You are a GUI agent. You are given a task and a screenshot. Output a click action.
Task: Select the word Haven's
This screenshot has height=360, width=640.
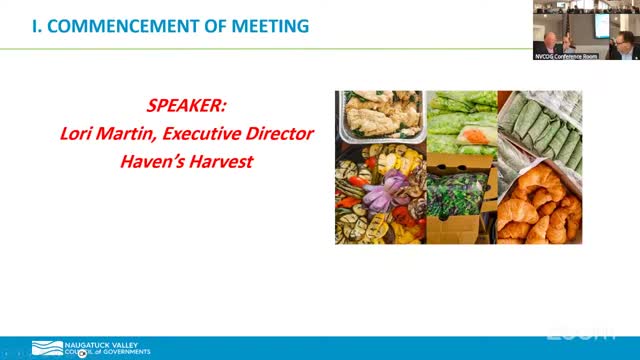click(x=151, y=158)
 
